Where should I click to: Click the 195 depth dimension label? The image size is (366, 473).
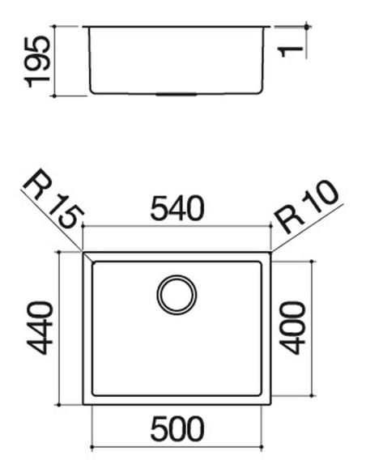(37, 62)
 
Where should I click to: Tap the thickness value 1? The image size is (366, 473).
(291, 51)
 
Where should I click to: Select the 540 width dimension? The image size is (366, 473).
(177, 208)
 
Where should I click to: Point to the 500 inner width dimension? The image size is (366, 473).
(177, 428)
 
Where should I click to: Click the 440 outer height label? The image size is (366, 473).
(40, 328)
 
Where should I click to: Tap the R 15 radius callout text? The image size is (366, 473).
(53, 198)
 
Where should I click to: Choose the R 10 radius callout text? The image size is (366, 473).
(306, 207)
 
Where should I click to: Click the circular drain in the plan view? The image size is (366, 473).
(177, 295)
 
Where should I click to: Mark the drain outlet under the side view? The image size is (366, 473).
(177, 95)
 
